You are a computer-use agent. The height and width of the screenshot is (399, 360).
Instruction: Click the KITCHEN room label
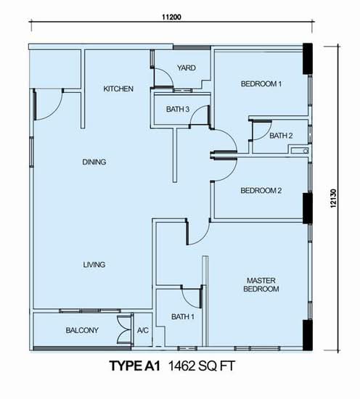coord(118,89)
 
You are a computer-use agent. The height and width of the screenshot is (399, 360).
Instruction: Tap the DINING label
coord(94,162)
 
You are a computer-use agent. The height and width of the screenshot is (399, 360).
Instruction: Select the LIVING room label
coord(94,265)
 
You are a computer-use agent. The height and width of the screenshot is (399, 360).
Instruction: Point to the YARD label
coord(187,68)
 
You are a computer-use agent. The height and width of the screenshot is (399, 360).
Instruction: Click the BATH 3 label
coord(178,109)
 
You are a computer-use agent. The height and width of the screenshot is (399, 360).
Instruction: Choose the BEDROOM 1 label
coord(261,83)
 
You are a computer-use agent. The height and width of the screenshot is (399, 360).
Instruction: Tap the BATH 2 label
coord(281,136)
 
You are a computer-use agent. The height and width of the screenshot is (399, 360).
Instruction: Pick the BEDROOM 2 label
coord(261,190)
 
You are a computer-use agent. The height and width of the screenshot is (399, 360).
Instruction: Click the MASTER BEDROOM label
coord(261,285)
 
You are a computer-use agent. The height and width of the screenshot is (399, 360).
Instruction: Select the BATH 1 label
coord(183,317)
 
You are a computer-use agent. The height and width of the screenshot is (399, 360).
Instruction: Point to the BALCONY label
coord(82,330)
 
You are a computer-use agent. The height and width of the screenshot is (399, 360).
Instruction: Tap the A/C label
coord(143,330)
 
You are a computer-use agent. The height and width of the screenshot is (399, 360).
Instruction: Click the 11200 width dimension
coord(172,17)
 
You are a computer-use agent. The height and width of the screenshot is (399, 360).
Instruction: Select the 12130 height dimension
coord(334,199)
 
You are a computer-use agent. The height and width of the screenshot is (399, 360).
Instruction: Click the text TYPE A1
coord(135,366)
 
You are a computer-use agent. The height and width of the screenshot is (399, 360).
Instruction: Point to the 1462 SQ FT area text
coord(201,366)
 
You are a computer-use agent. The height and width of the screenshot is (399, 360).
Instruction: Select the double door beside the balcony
coord(125,330)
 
